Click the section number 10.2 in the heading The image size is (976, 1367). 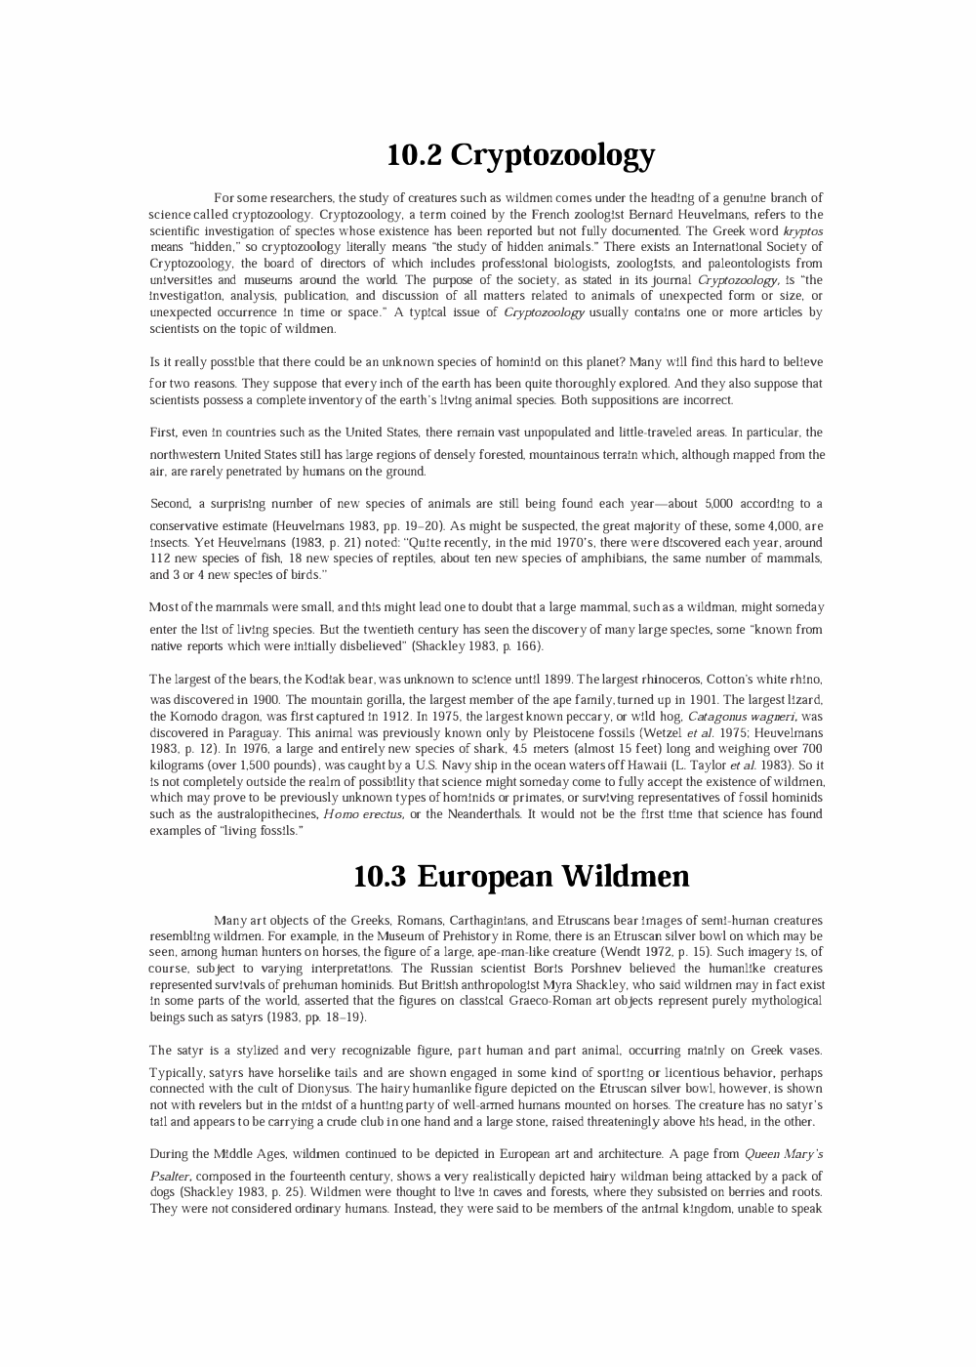pos(415,154)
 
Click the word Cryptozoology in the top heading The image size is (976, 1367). pos(552,155)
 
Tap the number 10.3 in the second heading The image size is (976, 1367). pos(380,876)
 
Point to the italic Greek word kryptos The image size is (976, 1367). pos(802,230)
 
